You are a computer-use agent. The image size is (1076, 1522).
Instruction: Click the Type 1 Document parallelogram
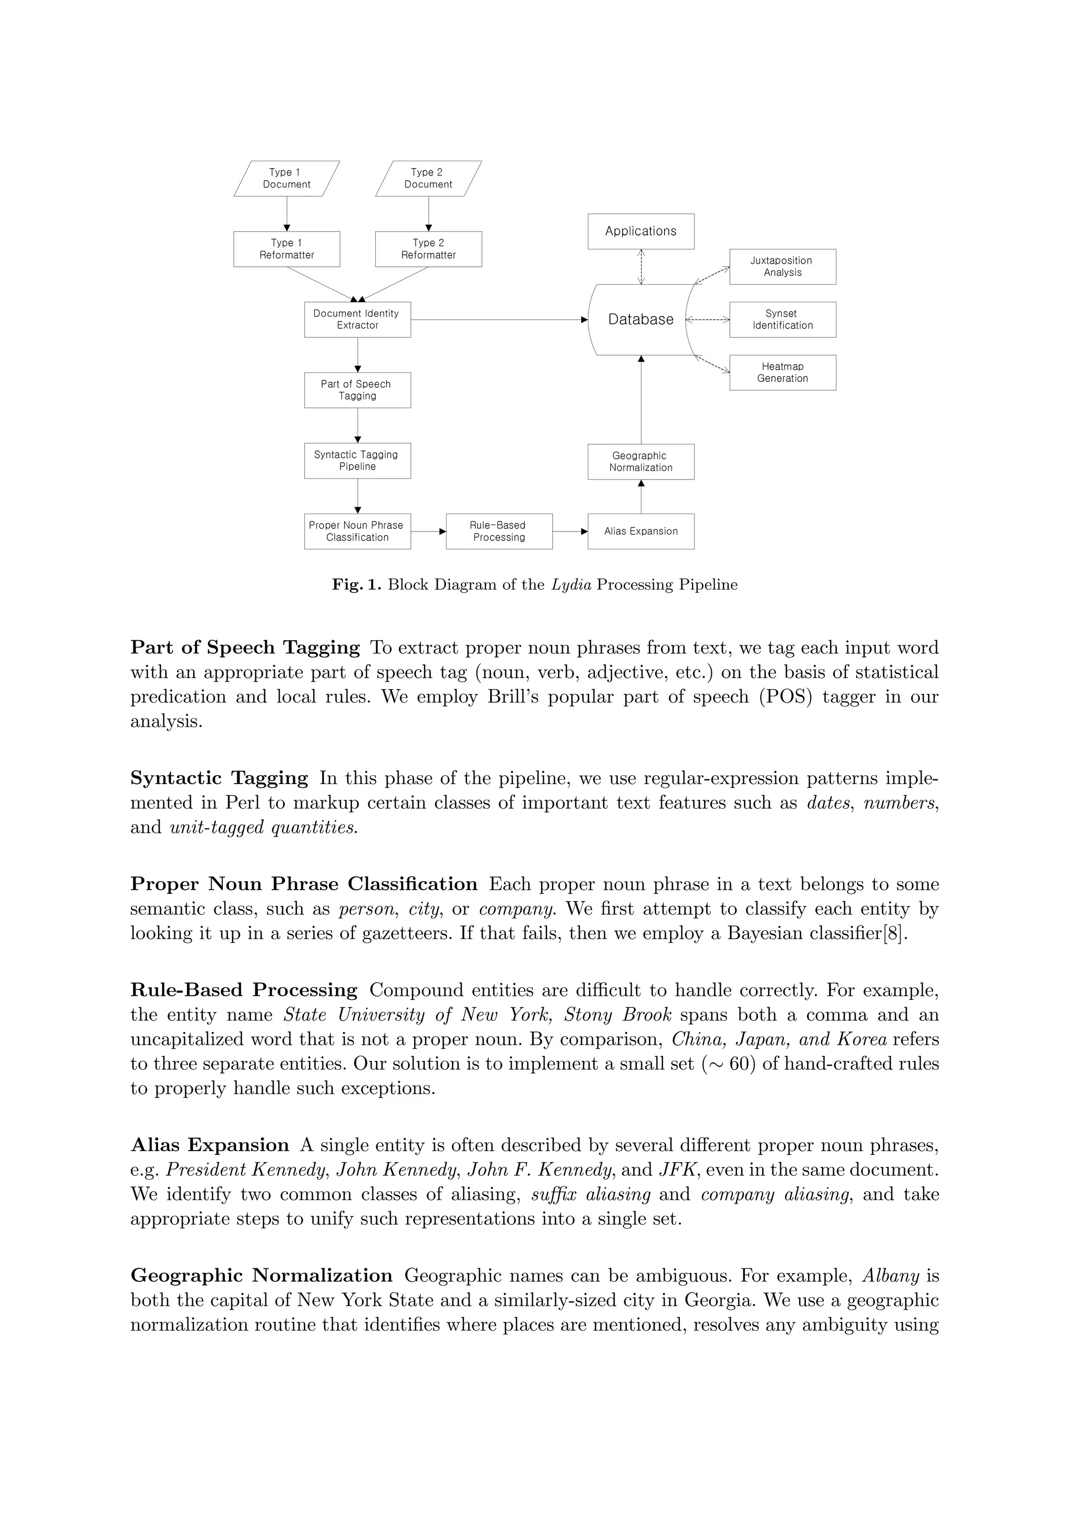[x=286, y=179]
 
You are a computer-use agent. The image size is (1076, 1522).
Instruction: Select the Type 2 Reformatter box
[x=428, y=249]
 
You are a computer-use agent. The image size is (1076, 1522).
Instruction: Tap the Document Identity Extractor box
[x=357, y=319]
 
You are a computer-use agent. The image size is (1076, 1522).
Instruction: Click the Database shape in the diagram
[x=640, y=319]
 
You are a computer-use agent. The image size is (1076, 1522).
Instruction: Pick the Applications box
[x=640, y=232]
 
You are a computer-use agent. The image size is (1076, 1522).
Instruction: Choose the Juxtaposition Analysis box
[x=782, y=266]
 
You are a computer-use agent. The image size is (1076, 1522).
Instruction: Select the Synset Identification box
[x=782, y=319]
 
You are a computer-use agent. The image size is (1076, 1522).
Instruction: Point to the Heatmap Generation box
[x=782, y=372]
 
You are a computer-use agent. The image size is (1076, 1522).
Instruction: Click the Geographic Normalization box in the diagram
[x=640, y=461]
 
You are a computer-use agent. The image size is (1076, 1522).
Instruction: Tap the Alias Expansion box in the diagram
[x=640, y=531]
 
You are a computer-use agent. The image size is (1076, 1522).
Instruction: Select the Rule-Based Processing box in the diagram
[x=499, y=531]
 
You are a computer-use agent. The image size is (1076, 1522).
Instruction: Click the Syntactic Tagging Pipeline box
[x=357, y=461]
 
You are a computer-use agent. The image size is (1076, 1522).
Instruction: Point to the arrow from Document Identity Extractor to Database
[x=497, y=319]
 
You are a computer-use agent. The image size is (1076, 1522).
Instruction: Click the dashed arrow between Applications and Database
[x=641, y=266]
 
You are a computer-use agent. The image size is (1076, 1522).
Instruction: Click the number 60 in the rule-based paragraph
[x=739, y=1064]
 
